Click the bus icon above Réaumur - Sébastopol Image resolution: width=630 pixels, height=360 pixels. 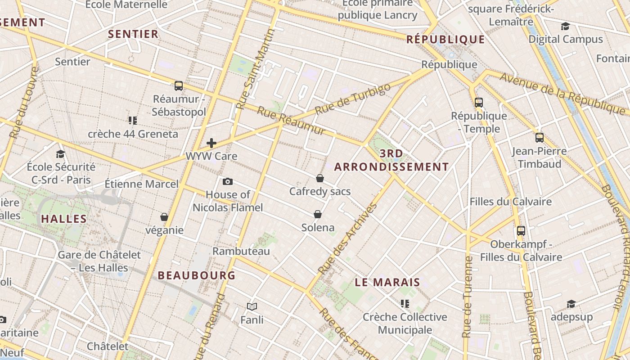pos(179,85)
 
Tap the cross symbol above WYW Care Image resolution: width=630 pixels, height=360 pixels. pos(211,143)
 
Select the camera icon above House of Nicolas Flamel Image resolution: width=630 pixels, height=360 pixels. pos(228,181)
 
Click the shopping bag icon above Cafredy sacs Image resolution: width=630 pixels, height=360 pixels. pos(320,178)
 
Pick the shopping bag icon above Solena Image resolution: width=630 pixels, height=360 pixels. pos(318,214)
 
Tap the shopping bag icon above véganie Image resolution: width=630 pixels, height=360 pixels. pos(164,217)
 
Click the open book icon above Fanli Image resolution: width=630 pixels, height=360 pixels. pos(252,306)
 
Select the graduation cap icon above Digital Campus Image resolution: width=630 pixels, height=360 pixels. pos(566,26)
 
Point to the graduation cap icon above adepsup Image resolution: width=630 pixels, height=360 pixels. pos(571,304)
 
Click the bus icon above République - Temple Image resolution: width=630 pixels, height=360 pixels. pos(479,102)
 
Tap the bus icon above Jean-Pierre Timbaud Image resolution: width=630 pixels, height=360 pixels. pos(539,137)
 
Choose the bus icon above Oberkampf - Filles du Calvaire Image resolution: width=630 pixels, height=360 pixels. pos(521,231)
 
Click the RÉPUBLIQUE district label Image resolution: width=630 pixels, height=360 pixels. pos(445,40)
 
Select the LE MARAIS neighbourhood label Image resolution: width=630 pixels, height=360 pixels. pos(387,283)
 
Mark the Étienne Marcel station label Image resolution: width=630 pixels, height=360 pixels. pos(142,184)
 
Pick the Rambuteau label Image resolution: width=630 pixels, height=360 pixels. pos(241,251)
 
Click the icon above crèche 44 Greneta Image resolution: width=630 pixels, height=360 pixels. pos(133,120)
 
